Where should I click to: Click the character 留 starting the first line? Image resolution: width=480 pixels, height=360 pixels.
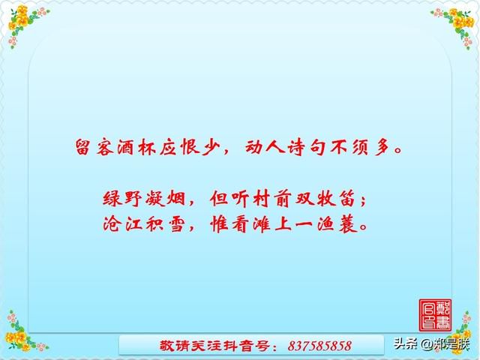click(x=82, y=147)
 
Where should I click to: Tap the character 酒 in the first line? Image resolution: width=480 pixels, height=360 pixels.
click(x=125, y=147)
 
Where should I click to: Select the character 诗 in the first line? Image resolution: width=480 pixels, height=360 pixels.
click(x=296, y=147)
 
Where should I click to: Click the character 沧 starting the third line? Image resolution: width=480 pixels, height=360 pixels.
click(x=111, y=224)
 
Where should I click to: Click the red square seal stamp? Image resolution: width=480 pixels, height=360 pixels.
click(x=435, y=315)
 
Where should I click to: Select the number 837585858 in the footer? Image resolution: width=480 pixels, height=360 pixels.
click(x=319, y=346)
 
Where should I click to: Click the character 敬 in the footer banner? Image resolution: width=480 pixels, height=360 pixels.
click(x=166, y=346)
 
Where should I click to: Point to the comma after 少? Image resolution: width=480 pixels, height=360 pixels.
click(x=226, y=151)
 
